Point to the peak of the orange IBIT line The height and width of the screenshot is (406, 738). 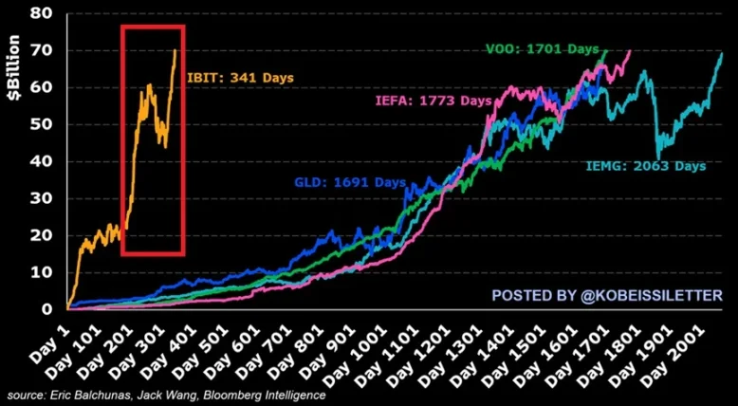175,49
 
